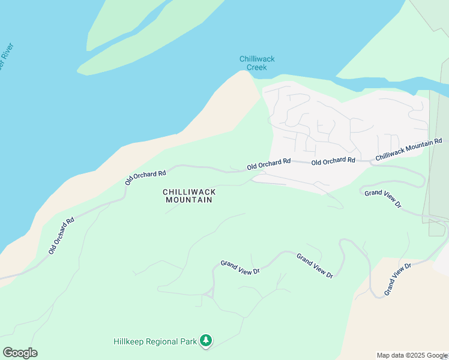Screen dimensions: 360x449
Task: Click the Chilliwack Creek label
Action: coord(257,63)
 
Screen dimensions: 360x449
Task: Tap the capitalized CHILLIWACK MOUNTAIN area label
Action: coord(188,196)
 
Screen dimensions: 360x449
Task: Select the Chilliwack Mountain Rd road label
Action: coord(409,149)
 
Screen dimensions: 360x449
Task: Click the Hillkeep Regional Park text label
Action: coord(155,341)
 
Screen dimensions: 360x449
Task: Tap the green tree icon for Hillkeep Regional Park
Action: coord(206,341)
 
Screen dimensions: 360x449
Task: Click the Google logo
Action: coord(20,353)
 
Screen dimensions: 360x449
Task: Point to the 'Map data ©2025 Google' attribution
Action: coord(412,355)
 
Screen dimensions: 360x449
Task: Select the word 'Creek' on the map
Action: coord(257,67)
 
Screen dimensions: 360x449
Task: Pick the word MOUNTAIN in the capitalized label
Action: coord(188,200)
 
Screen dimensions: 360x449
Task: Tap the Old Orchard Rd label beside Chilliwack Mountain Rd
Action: coord(333,161)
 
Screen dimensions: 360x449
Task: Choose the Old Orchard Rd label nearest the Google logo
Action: coord(61,235)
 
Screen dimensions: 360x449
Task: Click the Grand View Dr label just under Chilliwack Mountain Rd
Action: coord(382,198)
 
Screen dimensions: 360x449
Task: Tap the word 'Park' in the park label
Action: coord(189,341)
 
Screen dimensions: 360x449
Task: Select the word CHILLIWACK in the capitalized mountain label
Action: coord(188,191)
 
